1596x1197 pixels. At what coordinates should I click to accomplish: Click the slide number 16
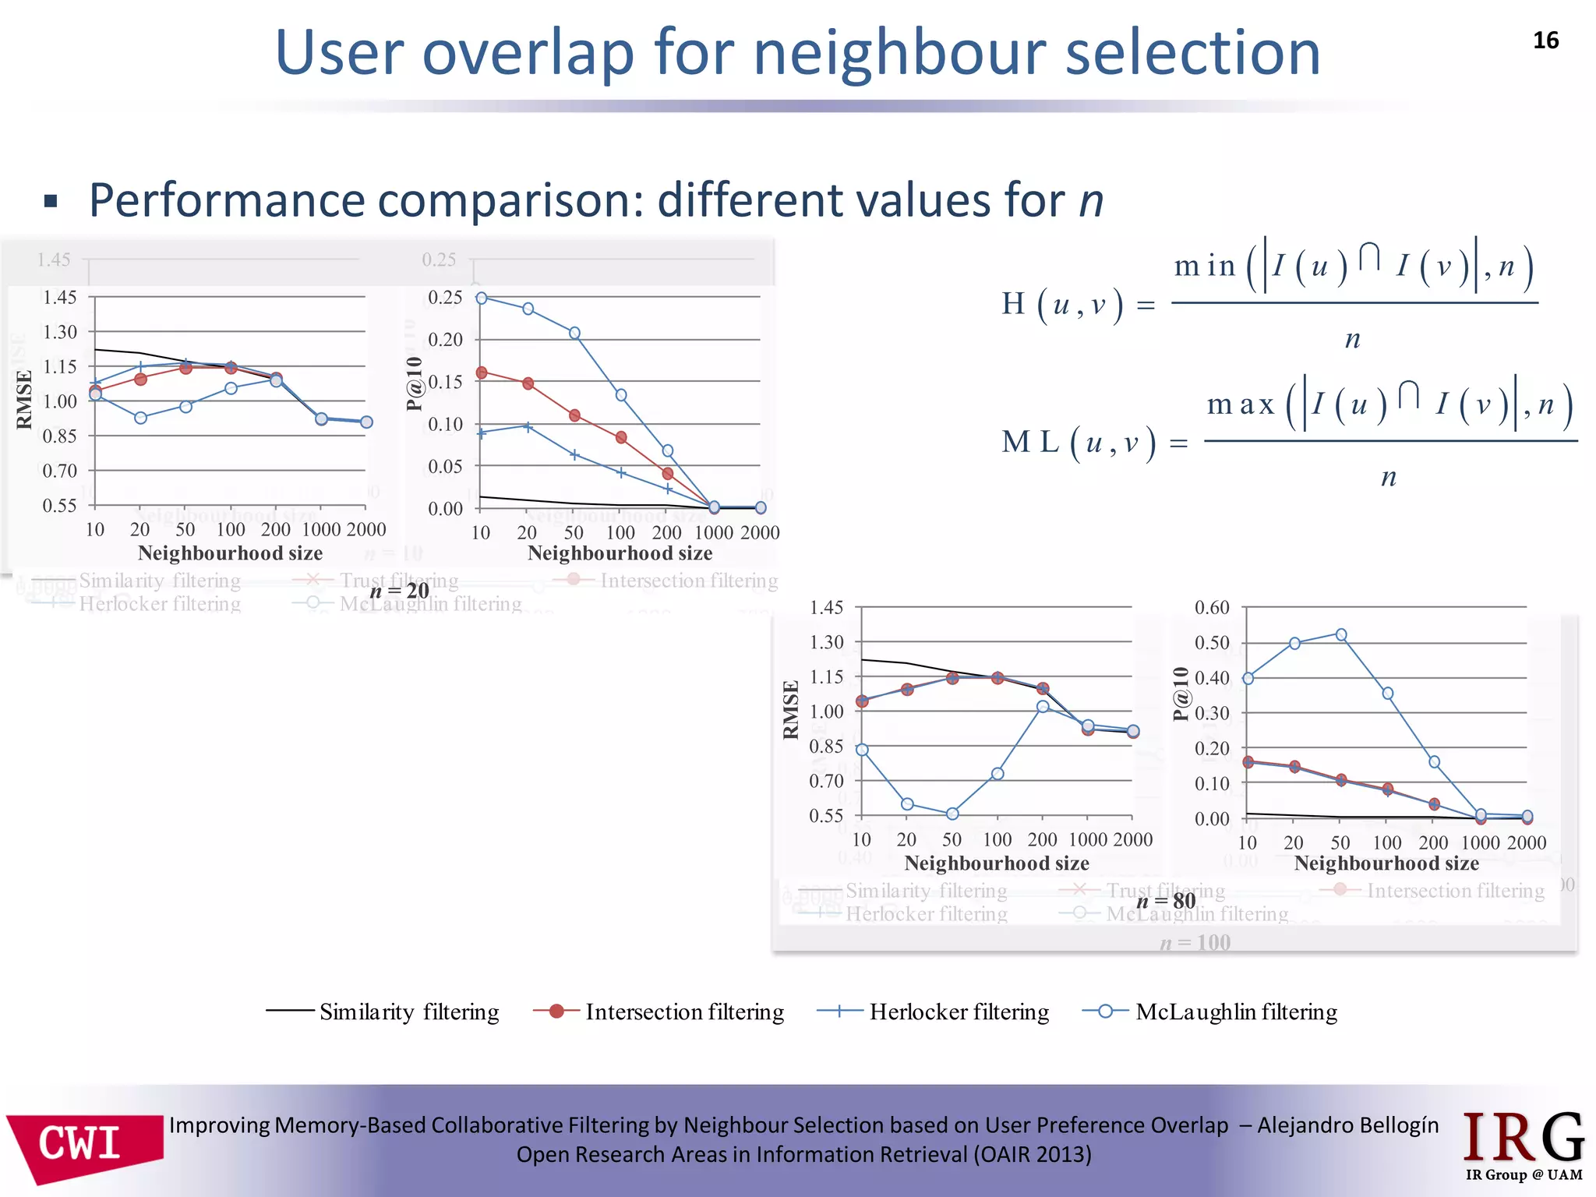[x=1545, y=41]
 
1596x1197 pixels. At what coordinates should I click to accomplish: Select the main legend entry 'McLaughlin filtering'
[x=1235, y=1012]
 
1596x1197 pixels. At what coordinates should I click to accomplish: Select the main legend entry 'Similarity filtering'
[x=408, y=1012]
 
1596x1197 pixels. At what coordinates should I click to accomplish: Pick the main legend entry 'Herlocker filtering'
[x=959, y=1012]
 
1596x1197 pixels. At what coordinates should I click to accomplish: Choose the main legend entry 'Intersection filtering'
[x=684, y=1012]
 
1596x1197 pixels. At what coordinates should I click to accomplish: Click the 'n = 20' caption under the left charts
[x=399, y=591]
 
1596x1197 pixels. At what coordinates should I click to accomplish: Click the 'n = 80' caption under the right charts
[x=1166, y=902]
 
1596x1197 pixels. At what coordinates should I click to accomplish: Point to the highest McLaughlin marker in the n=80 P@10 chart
[x=1341, y=635]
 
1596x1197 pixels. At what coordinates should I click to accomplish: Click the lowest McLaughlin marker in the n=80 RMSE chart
[x=952, y=814]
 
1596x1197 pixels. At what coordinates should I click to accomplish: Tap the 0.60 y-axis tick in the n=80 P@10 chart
[x=1212, y=607]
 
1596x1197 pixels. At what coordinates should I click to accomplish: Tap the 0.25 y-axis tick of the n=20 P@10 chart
[x=445, y=297]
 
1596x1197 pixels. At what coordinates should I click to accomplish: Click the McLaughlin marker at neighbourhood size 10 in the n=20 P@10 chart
[x=482, y=298]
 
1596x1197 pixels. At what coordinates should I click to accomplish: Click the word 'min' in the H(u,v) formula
[x=1205, y=267]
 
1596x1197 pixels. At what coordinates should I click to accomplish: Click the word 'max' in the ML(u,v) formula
[x=1240, y=404]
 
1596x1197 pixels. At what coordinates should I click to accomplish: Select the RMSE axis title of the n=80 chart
[x=791, y=710]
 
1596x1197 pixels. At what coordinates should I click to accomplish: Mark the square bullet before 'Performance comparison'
[x=51, y=202]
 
